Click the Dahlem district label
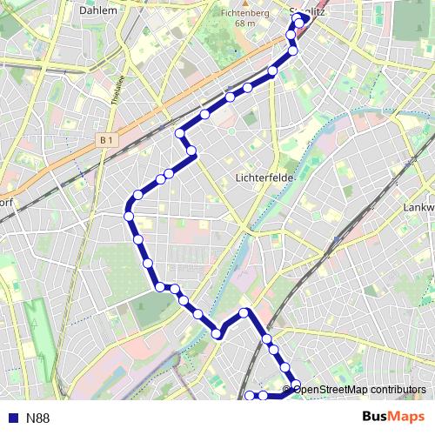click(x=97, y=11)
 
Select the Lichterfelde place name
click(x=267, y=177)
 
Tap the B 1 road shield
click(x=107, y=139)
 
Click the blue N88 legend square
click(x=11, y=418)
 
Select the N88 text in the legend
click(x=37, y=418)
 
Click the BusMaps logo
click(x=393, y=418)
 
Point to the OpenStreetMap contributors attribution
click(x=359, y=389)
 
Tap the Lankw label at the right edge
click(x=418, y=209)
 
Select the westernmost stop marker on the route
click(x=129, y=215)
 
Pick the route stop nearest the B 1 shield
click(x=180, y=133)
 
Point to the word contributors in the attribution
click(x=396, y=389)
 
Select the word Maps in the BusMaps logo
click(x=408, y=418)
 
